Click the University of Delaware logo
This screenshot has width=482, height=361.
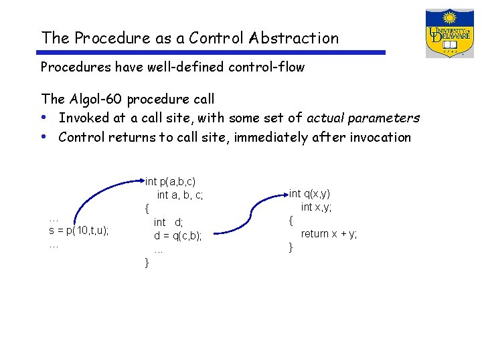click(x=449, y=33)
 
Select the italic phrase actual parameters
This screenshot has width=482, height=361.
click(x=363, y=118)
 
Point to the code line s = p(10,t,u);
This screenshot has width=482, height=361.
click(x=79, y=231)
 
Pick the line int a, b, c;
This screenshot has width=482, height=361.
click(x=179, y=195)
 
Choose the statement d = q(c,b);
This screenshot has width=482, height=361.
click(x=177, y=235)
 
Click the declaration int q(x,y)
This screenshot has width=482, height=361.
click(x=309, y=194)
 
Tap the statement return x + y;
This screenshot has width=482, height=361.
click(x=329, y=233)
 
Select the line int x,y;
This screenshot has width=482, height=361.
click(x=316, y=207)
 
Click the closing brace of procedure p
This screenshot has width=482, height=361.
click(x=147, y=263)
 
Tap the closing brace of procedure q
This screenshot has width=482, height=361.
click(x=291, y=247)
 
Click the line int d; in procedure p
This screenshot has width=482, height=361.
click(x=168, y=222)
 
